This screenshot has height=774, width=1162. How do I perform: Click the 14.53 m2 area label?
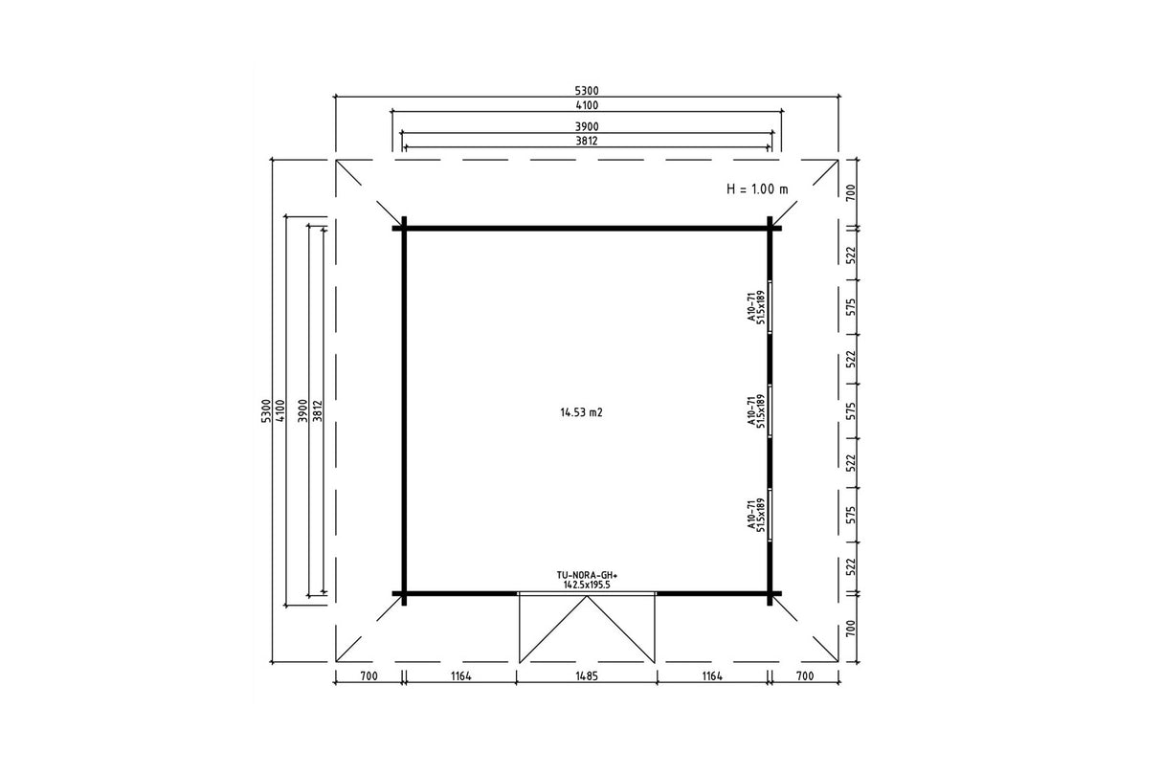582,412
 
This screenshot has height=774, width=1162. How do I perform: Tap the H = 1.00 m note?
757,189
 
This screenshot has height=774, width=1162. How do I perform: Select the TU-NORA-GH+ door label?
588,575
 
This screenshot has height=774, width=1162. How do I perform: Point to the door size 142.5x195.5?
588,585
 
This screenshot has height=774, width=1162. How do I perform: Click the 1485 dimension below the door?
587,676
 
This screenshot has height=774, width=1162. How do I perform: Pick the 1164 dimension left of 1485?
461,676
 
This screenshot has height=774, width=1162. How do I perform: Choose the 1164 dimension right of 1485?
712,676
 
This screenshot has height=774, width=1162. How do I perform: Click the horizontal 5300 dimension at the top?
587,91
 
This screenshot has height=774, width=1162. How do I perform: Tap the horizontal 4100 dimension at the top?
587,105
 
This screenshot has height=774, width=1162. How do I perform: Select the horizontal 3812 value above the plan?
587,141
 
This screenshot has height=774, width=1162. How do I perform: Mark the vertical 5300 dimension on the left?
265,411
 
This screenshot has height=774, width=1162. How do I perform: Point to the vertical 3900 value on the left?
303,411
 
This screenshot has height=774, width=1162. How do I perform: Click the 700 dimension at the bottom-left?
369,676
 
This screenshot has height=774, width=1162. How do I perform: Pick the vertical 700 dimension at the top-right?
851,193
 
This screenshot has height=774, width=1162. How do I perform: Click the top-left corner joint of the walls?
404,228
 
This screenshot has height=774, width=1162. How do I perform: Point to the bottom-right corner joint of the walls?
770,594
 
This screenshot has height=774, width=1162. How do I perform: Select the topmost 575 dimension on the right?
851,307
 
